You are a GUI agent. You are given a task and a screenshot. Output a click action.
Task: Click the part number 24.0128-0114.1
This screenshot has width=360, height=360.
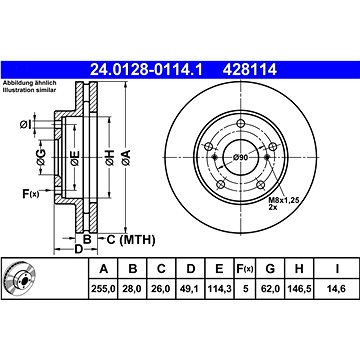pyautogui.click(x=146, y=70)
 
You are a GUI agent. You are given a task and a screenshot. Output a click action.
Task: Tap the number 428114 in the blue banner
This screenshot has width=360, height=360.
pyautogui.click(x=250, y=70)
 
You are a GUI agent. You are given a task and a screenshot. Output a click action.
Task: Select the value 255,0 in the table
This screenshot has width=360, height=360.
pyautogui.click(x=103, y=288)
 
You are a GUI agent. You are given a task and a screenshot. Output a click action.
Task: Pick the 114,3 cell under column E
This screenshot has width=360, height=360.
pyautogui.click(x=219, y=288)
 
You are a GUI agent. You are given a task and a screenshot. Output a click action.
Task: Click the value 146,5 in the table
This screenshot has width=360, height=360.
pyautogui.click(x=299, y=288)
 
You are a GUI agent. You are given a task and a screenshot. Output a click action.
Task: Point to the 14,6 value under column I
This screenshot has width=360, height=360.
pyautogui.click(x=337, y=288)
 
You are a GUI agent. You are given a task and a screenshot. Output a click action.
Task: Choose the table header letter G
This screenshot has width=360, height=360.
pyautogui.click(x=271, y=268)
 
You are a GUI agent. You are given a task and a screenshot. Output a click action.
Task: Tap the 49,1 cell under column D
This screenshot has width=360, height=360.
pyautogui.click(x=190, y=288)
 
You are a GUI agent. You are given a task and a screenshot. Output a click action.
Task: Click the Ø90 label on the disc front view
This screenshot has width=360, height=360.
pyautogui.click(x=240, y=157)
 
